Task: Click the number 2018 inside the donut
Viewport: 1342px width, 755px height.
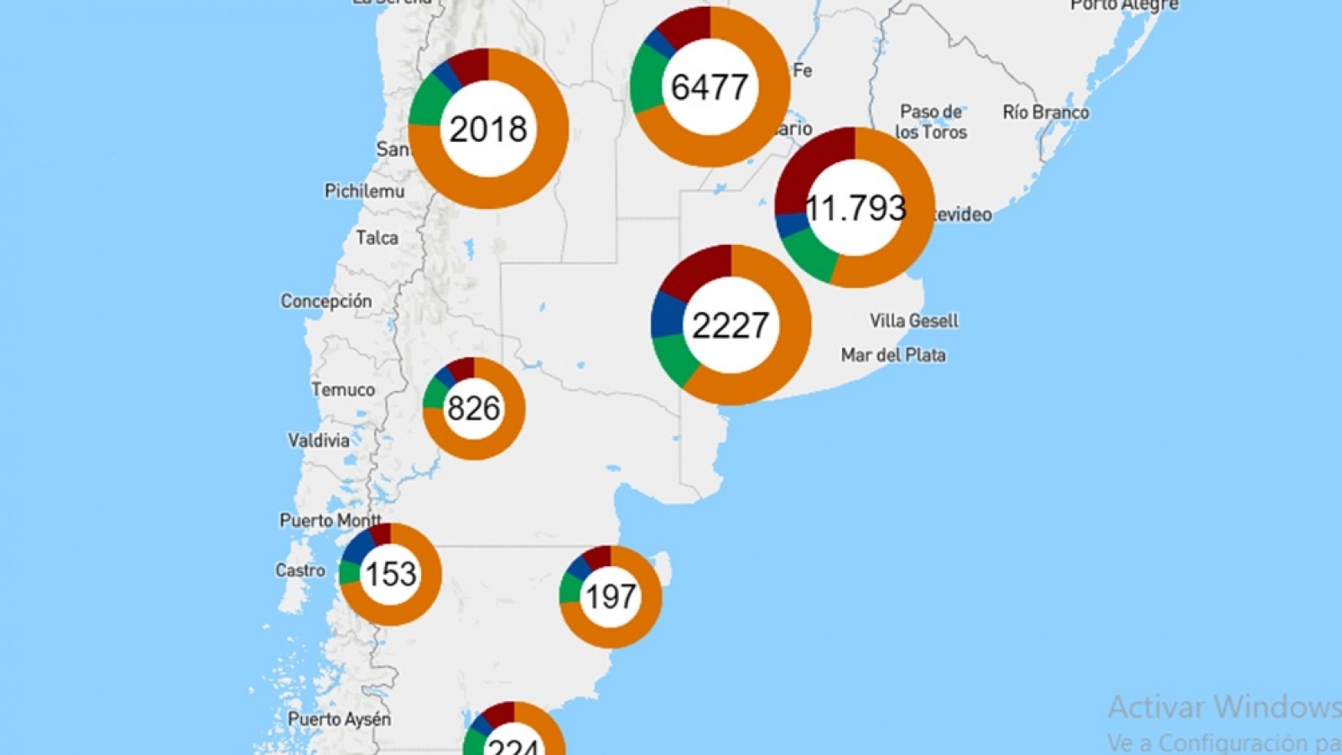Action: pyautogui.click(x=488, y=129)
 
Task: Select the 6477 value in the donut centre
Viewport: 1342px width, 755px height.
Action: pyautogui.click(x=710, y=87)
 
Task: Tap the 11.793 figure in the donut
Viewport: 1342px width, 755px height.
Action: pyautogui.click(x=855, y=208)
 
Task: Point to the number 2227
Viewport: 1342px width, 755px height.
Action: pyautogui.click(x=731, y=325)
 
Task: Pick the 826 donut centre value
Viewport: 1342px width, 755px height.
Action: pyautogui.click(x=474, y=409)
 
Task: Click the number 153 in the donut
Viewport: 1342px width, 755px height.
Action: pyautogui.click(x=390, y=575)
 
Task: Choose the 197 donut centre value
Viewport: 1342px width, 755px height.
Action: pyautogui.click(x=611, y=597)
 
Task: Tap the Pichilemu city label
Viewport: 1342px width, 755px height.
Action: pyautogui.click(x=364, y=191)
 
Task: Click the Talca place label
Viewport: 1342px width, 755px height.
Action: pyautogui.click(x=377, y=238)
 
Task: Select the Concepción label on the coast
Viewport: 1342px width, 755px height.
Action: pyautogui.click(x=325, y=301)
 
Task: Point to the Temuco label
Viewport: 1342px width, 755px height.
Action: pyautogui.click(x=343, y=390)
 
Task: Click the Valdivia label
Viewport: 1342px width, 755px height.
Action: pyautogui.click(x=319, y=440)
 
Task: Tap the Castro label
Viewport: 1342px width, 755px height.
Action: pyautogui.click(x=300, y=571)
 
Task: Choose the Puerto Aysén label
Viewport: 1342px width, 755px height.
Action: pyautogui.click(x=339, y=720)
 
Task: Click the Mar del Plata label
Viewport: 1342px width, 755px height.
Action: pyautogui.click(x=893, y=356)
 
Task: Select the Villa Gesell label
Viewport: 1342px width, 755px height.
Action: pyautogui.click(x=913, y=320)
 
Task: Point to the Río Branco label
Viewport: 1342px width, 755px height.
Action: pyautogui.click(x=1046, y=112)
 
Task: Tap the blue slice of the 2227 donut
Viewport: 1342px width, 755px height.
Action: pyautogui.click(x=668, y=314)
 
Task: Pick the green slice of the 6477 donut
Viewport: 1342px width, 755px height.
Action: pyautogui.click(x=648, y=80)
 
